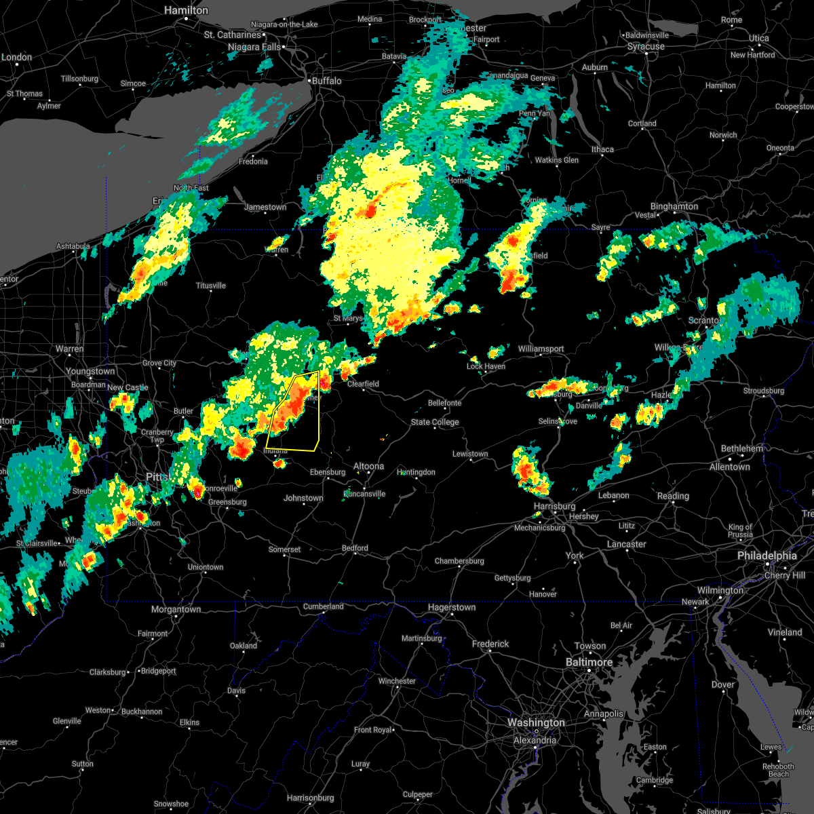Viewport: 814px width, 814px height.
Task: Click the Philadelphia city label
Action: (767, 556)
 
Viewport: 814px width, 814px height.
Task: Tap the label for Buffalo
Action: (326, 81)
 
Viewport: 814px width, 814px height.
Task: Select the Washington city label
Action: (536, 723)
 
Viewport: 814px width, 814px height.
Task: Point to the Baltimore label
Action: (589, 662)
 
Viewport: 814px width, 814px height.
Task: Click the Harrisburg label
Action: (554, 506)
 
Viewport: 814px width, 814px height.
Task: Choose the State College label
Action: (435, 422)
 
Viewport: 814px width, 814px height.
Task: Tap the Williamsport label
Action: (541, 349)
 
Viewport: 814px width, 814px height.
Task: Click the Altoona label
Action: (368, 466)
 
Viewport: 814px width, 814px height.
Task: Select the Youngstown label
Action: (90, 371)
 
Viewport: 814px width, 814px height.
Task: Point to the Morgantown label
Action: (176, 609)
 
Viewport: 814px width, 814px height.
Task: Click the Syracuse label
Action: (646, 47)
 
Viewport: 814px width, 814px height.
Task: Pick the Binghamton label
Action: (674, 206)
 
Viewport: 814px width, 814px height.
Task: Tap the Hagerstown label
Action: (452, 608)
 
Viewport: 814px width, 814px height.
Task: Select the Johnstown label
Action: (303, 498)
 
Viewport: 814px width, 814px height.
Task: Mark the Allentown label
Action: (729, 467)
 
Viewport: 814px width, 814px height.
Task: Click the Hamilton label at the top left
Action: (187, 11)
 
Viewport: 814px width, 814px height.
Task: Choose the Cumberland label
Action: (324, 606)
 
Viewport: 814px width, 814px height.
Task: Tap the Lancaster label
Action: (626, 544)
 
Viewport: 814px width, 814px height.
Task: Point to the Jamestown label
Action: (265, 207)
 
